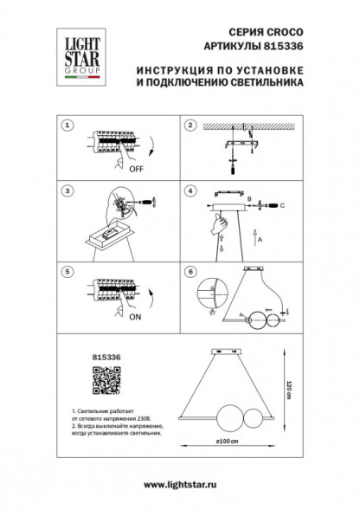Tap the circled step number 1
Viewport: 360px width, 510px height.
[67, 126]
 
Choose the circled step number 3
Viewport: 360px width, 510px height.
[67, 190]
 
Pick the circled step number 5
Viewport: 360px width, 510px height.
[67, 271]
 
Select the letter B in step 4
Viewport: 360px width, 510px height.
[250, 200]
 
